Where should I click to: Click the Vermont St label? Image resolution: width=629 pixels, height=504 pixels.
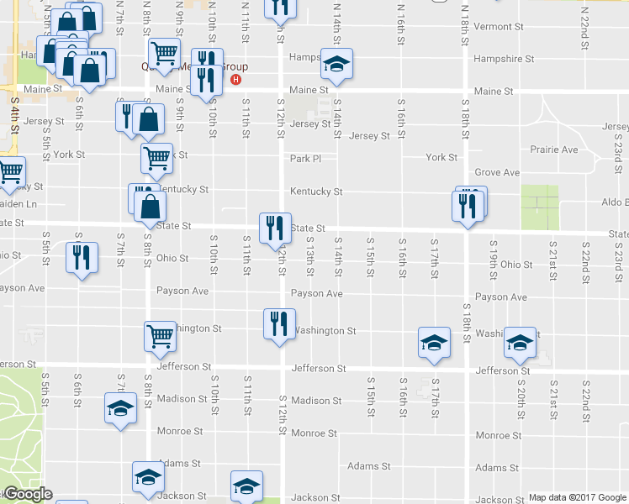pos(498,27)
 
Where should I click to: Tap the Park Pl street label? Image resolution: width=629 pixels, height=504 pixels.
pos(306,158)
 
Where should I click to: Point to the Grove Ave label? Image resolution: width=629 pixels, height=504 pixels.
pos(497,172)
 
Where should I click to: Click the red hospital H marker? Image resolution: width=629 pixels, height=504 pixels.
pos(236,81)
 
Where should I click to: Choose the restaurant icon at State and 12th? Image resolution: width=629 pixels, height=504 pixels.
pos(275,228)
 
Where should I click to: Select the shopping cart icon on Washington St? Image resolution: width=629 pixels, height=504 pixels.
pos(160,336)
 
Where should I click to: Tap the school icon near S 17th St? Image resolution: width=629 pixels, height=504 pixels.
pos(433,342)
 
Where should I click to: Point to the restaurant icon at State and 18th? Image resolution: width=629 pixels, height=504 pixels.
pos(468,206)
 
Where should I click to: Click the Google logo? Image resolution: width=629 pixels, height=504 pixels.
pos(27,495)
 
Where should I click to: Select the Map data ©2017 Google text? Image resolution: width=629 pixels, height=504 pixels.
pos(577,497)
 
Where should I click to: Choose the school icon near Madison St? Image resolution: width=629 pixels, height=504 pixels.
pos(119,408)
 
